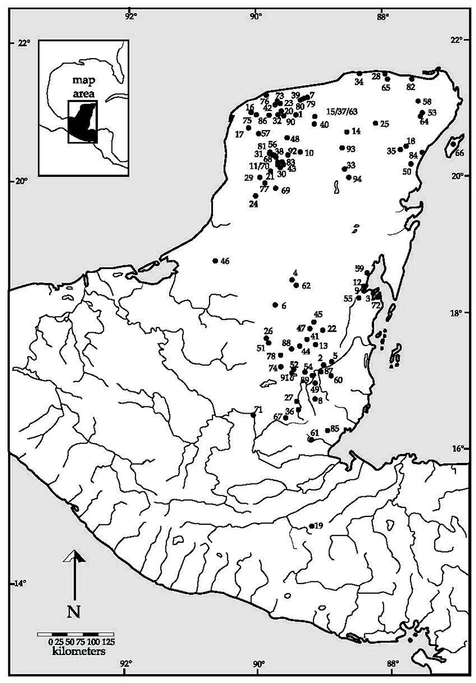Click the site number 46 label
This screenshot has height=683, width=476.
225,261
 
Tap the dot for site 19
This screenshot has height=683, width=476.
312,526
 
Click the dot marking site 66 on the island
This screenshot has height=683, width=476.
453,144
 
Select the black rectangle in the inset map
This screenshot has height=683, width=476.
83,121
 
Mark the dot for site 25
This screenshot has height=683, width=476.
375,123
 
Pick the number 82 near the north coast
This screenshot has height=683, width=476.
411,87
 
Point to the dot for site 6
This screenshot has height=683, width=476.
275,305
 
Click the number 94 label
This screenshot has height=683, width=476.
357,179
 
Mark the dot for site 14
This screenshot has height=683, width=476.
346,132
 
